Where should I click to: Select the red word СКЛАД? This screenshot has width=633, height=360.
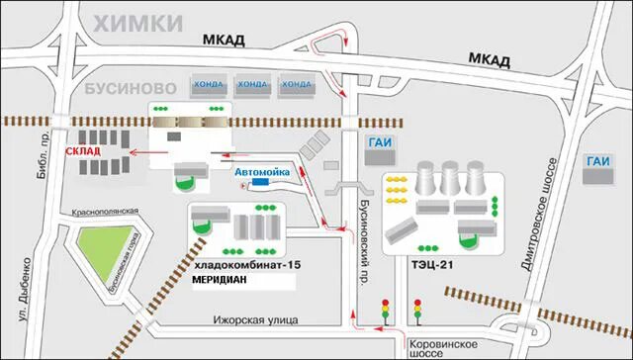[x=82, y=151]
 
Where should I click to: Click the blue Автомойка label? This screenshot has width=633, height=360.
[x=262, y=171]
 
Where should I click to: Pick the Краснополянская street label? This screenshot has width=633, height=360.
[x=105, y=212]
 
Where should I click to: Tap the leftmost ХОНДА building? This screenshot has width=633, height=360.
[x=209, y=84]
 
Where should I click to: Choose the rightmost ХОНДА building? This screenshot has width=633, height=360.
[x=296, y=84]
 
